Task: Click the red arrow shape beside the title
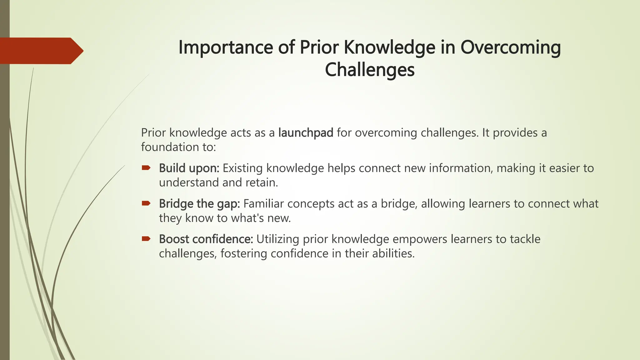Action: (x=41, y=51)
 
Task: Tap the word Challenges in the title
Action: (x=370, y=70)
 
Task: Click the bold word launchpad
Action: (x=306, y=133)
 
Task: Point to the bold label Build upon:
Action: (x=189, y=168)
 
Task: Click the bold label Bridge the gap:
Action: (x=199, y=204)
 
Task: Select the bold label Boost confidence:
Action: (x=206, y=239)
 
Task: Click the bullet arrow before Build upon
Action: (x=146, y=168)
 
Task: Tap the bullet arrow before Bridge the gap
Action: (x=146, y=203)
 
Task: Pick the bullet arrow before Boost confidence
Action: (x=146, y=239)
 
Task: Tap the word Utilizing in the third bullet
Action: (x=278, y=239)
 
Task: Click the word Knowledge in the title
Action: (x=389, y=47)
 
